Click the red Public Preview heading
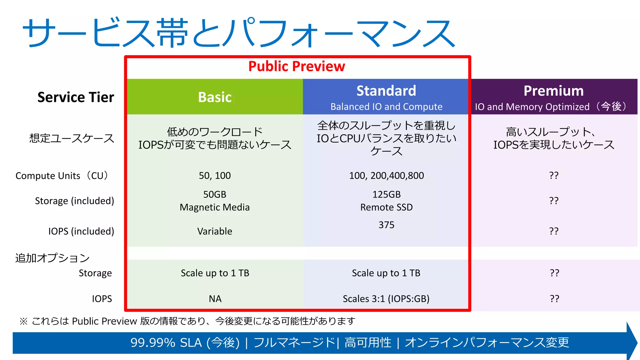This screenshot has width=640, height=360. tap(297, 66)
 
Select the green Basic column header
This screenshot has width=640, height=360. tap(215, 97)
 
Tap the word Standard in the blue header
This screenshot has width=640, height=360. tap(386, 91)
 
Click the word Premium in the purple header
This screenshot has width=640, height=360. tap(553, 91)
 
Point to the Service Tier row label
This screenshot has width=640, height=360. tap(76, 97)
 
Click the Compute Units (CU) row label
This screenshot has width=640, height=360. tap(62, 176)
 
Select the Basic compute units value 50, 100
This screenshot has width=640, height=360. tap(215, 176)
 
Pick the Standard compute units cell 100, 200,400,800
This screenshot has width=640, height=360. tap(386, 176)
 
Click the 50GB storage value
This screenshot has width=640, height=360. tap(215, 194)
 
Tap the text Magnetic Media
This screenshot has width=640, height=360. tap(215, 207)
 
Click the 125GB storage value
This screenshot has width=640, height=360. tap(386, 194)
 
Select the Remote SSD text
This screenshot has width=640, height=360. tap(386, 207)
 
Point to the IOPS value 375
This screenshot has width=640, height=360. tap(386, 225)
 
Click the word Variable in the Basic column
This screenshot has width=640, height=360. tap(215, 231)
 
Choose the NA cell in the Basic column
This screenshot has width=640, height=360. tap(215, 299)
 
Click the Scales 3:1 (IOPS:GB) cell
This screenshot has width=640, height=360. tap(386, 299)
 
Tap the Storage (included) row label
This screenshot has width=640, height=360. tap(74, 201)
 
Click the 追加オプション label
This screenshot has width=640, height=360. tap(52, 258)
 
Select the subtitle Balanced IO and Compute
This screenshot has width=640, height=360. tap(386, 107)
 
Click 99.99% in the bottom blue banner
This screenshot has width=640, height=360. tap(153, 343)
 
